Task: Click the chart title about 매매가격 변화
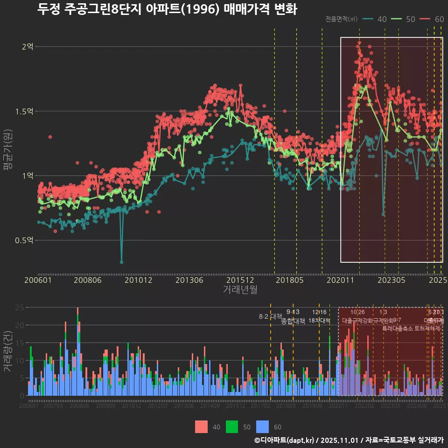[x=167, y=9]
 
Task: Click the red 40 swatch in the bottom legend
[x=201, y=427]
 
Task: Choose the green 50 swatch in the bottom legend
[x=232, y=427]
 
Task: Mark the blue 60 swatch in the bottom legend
[x=263, y=427]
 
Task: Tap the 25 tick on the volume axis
[x=20, y=308]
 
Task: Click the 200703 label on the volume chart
[x=53, y=406]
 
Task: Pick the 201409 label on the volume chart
[x=210, y=406]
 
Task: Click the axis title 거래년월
[x=240, y=289]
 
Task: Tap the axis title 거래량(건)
[x=7, y=351]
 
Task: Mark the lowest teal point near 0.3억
[x=121, y=262]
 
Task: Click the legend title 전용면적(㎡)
[x=341, y=19]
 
